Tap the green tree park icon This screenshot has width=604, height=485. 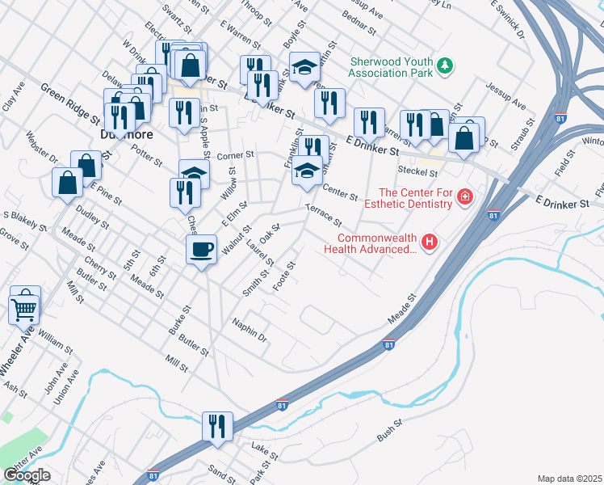click(443, 65)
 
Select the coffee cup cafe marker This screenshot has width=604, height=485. click(201, 249)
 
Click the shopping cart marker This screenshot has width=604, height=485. click(23, 308)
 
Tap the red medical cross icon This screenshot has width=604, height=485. click(464, 196)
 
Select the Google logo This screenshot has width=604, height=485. click(27, 475)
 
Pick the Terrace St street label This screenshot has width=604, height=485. click(324, 216)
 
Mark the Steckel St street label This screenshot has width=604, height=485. click(417, 171)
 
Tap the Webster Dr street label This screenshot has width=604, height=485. click(43, 146)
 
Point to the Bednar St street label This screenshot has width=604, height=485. click(359, 23)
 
